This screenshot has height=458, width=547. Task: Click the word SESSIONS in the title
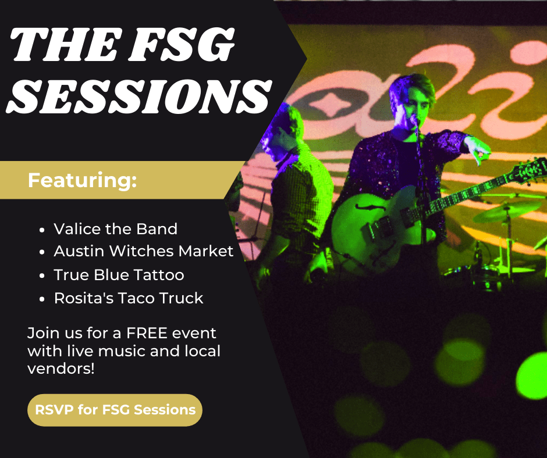coord(139,96)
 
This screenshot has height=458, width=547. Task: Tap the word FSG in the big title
coord(182,44)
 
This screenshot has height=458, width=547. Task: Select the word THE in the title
coord(65,44)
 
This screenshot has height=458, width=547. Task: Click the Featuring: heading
coord(82,180)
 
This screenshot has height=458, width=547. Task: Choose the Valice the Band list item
coord(115,229)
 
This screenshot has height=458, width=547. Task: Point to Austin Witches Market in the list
coord(143,251)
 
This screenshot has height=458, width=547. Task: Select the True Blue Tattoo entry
coord(119,275)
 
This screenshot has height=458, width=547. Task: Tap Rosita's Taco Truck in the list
coord(129,298)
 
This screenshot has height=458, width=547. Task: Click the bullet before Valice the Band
coord(42,230)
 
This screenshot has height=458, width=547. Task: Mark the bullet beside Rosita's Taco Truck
coord(42,299)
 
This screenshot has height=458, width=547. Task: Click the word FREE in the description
coord(147,333)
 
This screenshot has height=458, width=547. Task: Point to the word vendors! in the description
coord(61,368)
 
